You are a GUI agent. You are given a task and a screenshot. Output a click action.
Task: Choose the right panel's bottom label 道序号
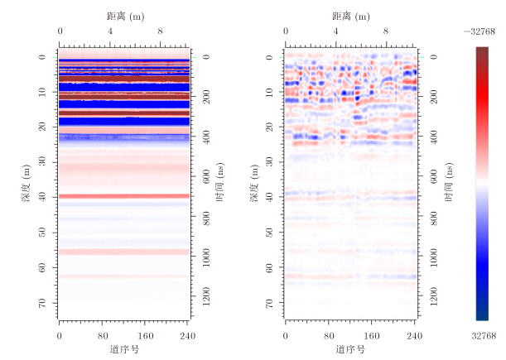(x=350, y=349)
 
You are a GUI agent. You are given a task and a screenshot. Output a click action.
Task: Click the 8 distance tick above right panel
(x=386, y=32)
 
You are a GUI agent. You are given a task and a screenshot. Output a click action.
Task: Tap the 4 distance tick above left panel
(x=110, y=32)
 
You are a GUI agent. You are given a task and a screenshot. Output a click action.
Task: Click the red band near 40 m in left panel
(x=124, y=196)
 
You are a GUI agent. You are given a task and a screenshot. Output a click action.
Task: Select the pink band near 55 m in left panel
(x=124, y=252)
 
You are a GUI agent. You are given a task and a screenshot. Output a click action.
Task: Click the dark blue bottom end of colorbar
(x=482, y=314)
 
